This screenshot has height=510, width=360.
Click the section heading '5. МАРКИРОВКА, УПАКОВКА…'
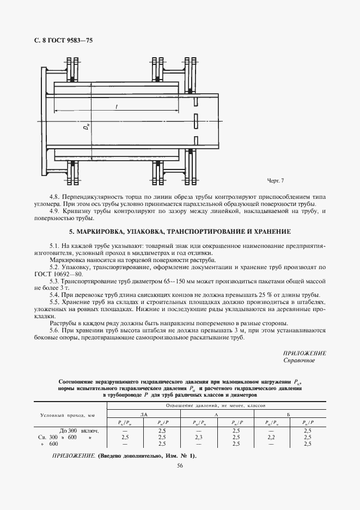pos(180,232)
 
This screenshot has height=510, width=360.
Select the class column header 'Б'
pos(288,415)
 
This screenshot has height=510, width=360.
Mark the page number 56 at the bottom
pos(180,464)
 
